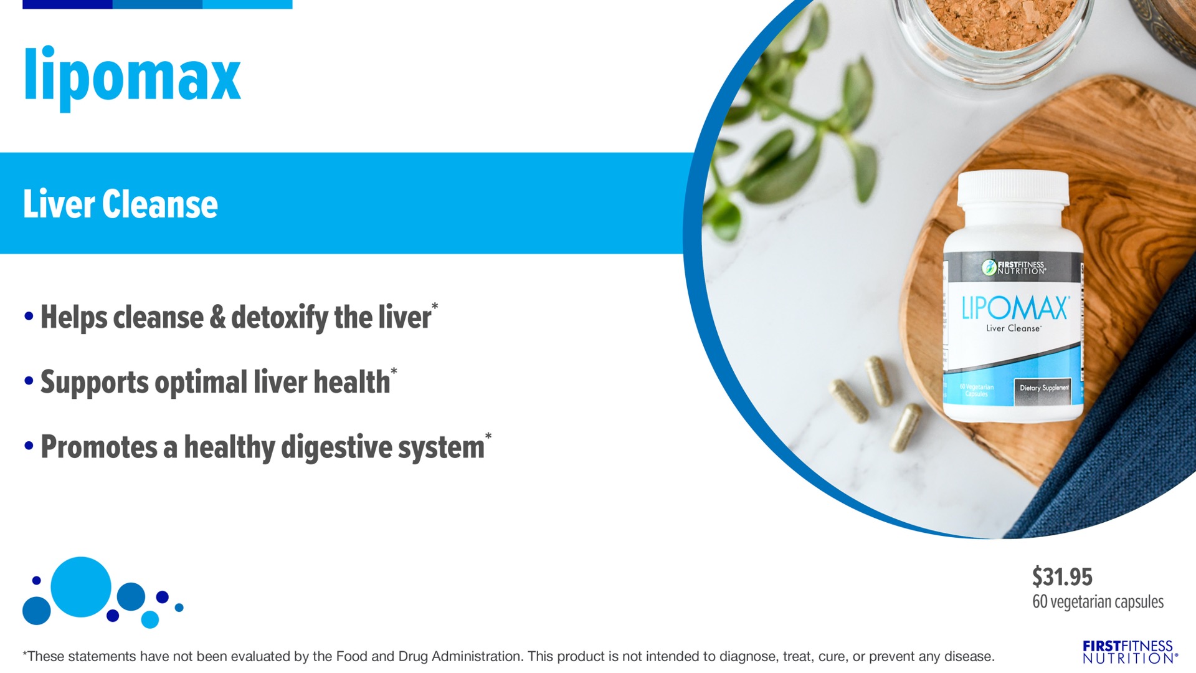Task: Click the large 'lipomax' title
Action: coord(132,78)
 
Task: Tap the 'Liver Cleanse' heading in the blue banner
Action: coord(120,204)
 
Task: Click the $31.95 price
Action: coord(1062,577)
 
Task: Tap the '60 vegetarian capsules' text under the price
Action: coord(1098,602)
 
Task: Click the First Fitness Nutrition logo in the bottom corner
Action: coord(1130,652)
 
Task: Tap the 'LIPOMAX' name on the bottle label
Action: coord(1015,308)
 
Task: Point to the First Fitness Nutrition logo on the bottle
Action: coord(1013,267)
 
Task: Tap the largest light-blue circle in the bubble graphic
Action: coord(81,587)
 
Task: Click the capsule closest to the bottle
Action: coord(906,427)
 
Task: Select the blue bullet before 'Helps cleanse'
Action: coord(29,317)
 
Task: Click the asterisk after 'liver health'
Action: coord(394,371)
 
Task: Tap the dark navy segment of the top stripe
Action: coord(67,4)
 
